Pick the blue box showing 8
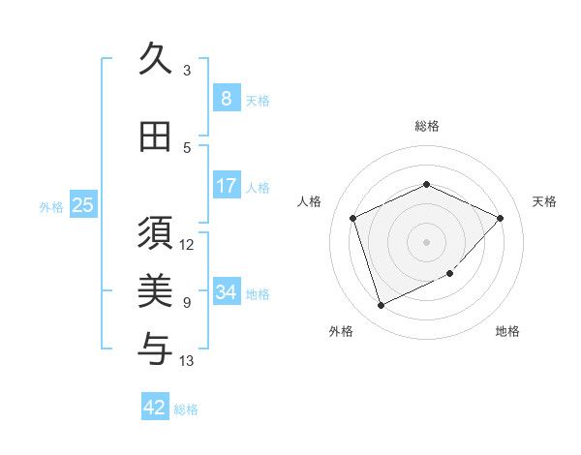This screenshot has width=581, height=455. coord(226,99)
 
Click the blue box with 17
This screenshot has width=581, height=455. coord(226,186)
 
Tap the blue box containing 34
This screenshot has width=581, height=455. coord(226,292)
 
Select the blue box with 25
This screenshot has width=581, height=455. coord(82,204)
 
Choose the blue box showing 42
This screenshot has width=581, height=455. coord(155,408)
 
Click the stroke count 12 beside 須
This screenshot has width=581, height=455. coord(187,244)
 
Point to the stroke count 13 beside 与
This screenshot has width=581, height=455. coord(187,361)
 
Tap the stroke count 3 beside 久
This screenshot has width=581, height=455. coord(187,71)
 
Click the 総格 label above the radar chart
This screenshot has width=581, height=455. coord(426,126)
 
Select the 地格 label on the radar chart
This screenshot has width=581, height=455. coord(507,331)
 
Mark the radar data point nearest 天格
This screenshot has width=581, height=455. coord(500,218)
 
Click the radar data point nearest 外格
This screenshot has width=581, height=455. coord(381,306)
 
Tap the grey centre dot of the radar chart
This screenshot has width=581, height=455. coord(426,241)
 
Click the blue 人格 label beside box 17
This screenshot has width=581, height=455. coord(258,187)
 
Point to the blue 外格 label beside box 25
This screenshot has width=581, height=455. coord(51,206)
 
